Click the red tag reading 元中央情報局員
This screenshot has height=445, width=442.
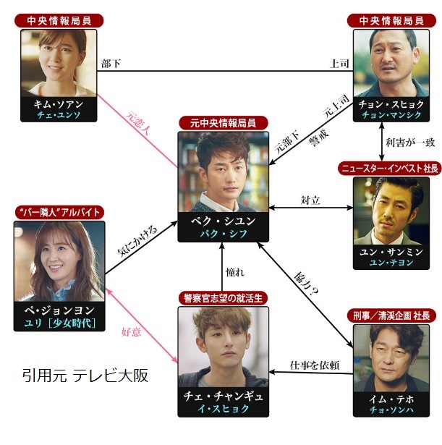[223, 123]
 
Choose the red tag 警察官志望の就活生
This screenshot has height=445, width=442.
[223, 298]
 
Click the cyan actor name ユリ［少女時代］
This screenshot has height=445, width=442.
[58, 323]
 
